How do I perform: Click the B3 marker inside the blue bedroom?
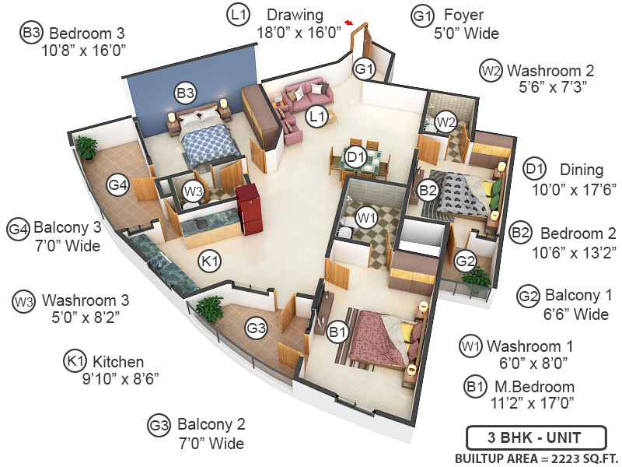point(184,93)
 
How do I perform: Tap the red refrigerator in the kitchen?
point(247,208)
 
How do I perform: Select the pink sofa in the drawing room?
point(306,98)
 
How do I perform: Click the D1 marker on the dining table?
point(356,157)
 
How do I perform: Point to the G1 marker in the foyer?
point(365,70)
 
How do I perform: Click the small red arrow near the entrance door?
point(350,23)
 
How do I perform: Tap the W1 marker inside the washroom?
point(366,216)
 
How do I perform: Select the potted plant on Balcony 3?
point(86,147)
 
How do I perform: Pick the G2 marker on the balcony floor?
point(465,261)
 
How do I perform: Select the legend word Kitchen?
point(118,361)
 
